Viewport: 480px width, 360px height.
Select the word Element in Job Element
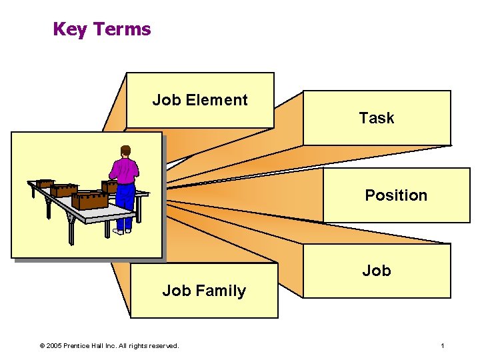click(x=217, y=100)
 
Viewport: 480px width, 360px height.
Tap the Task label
click(x=377, y=118)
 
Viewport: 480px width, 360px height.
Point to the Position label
click(x=396, y=195)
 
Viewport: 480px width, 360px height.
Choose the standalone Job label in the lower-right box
click(x=377, y=271)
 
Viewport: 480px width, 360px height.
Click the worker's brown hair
click(x=125, y=149)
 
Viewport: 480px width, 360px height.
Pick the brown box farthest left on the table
click(x=45, y=183)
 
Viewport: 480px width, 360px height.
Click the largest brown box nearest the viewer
click(x=90, y=200)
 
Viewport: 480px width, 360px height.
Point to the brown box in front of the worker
click(x=109, y=186)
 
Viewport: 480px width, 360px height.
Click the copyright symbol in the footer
click(x=42, y=346)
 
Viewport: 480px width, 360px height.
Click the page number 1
click(x=442, y=346)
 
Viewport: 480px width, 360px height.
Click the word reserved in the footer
click(x=164, y=346)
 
